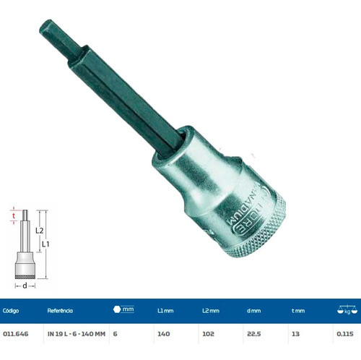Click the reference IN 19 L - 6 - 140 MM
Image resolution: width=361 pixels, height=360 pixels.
coord(77,335)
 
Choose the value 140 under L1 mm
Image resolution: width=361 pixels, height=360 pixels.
coord(162,335)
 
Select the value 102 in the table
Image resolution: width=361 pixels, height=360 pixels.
coord(208,335)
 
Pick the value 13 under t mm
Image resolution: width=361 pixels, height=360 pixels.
coord(295,335)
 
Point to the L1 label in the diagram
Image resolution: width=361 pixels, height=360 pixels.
coord(45,245)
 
